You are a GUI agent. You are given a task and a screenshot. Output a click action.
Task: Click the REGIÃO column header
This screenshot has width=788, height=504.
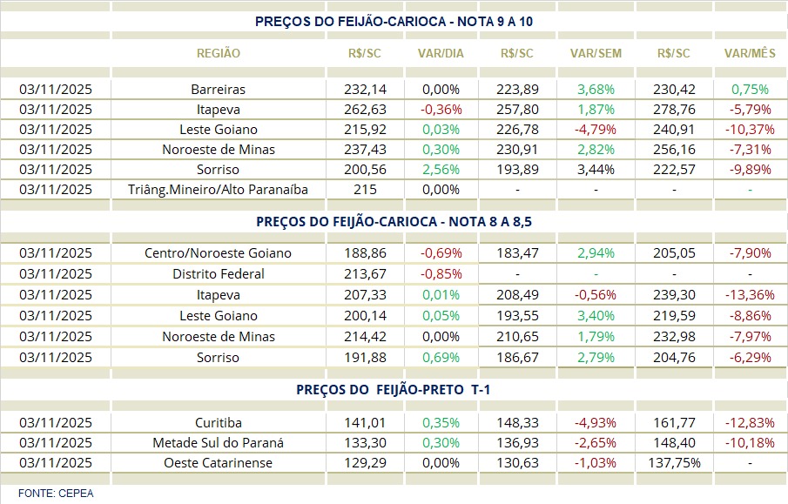pos(219,53)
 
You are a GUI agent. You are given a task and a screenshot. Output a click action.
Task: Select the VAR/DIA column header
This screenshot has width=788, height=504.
pos(441,53)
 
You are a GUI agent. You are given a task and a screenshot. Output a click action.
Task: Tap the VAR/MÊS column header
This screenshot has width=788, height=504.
pos(750,53)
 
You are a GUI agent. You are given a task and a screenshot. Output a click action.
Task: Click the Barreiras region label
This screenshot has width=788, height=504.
pos(219,90)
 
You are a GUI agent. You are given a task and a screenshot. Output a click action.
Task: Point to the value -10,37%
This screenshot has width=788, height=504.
pos(750,130)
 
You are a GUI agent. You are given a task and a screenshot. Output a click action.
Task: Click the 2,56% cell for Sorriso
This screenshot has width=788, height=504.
pos(441,170)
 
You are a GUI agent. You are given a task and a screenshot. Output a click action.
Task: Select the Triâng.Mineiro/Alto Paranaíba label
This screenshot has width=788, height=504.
pos(219,190)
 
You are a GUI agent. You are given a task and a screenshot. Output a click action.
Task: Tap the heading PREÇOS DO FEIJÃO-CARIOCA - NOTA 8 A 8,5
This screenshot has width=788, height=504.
pos(394,222)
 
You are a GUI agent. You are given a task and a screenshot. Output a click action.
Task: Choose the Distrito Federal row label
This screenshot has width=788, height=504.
pos(219,274)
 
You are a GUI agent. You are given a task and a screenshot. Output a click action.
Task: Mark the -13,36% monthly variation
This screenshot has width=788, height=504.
pos(750,295)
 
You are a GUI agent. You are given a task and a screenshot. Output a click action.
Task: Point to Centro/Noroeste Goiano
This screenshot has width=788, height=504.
pos(219,253)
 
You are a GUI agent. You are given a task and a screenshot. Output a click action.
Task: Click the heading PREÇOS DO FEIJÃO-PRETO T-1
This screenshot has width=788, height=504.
pos(394,390)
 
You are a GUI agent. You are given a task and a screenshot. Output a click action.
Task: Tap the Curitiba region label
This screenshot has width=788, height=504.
pos(219,422)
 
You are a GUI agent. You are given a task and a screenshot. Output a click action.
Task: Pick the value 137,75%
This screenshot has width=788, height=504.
pos(675,463)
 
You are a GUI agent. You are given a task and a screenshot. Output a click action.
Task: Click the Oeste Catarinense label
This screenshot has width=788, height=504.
pos(219,463)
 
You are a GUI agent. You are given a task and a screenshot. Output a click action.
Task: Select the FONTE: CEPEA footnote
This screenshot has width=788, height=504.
pos(56,494)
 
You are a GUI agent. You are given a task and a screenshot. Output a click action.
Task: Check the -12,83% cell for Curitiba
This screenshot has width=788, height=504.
pos(750,422)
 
